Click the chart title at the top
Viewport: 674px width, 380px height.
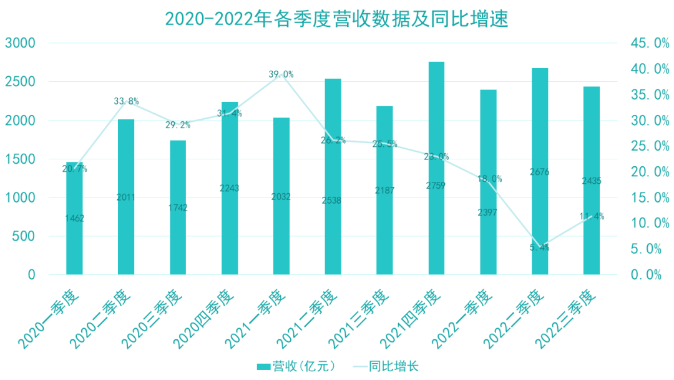[337, 19]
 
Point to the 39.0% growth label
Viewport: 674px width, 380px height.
[281, 74]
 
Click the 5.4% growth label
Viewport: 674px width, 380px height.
[540, 247]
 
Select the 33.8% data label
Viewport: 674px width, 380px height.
[126, 101]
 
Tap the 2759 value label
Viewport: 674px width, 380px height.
[436, 186]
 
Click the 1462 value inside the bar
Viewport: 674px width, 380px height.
[74, 218]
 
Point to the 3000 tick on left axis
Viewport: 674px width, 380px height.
[22, 43]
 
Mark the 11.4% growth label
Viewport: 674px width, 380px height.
[592, 216]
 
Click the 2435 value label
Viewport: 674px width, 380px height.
[592, 181]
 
